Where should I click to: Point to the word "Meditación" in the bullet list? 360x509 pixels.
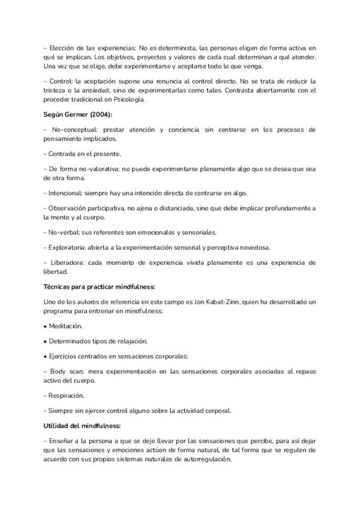coord(65,325)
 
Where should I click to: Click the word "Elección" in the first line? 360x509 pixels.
coord(64,47)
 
